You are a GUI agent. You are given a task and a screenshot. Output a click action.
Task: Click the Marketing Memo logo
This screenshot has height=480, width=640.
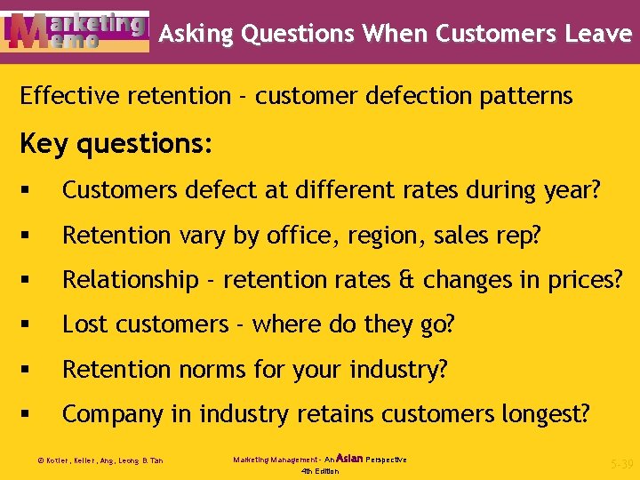tap(76, 32)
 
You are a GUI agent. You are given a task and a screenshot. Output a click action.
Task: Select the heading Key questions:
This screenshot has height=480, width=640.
tap(116, 144)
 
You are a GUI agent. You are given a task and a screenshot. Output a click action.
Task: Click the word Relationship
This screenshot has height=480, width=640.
tap(130, 279)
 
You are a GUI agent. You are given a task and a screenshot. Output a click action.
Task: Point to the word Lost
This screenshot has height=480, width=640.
tap(83, 324)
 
